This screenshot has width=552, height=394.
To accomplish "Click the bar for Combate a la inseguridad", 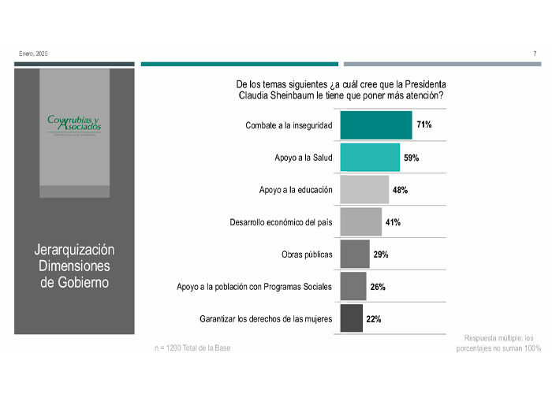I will point(375,125).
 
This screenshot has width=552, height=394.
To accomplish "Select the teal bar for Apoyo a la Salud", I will point(369,158).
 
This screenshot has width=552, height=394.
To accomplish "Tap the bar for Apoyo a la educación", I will point(364,190).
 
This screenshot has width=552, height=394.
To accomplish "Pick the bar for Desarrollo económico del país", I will point(360,222).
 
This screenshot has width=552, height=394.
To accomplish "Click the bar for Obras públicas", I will point(354,255).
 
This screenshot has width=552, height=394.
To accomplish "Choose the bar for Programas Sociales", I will point(352,287).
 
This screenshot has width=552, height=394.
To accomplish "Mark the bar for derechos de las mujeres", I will point(351,319).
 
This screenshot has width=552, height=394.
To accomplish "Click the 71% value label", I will point(424,125).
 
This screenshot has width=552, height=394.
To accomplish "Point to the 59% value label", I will point(411,158).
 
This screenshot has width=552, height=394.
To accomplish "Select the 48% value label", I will point(399,190).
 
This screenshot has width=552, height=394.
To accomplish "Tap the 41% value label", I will point(393,222).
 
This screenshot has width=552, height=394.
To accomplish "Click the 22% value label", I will point(374,319).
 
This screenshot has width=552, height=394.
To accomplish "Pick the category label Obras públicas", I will point(307,255).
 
